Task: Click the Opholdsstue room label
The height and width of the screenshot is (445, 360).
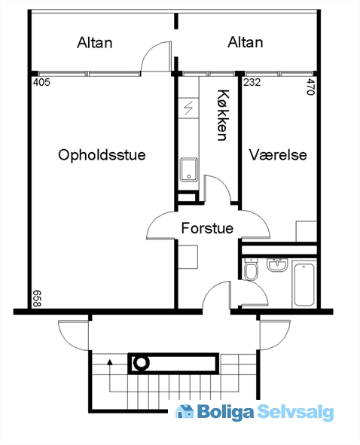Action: click(x=102, y=155)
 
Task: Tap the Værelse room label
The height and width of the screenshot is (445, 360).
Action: click(x=278, y=155)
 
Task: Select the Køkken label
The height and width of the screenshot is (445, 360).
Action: click(x=223, y=115)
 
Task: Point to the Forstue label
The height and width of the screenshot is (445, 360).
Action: click(x=207, y=228)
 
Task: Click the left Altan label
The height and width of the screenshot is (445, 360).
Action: click(x=95, y=43)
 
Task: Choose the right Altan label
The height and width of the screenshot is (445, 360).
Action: click(x=246, y=42)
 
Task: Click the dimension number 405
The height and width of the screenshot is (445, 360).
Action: click(x=41, y=82)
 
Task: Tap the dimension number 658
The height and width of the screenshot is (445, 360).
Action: click(x=37, y=298)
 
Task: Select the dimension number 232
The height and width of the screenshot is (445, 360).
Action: click(x=252, y=82)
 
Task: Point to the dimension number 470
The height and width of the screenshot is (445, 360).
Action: click(x=310, y=87)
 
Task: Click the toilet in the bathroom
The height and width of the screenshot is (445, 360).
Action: click(x=252, y=269)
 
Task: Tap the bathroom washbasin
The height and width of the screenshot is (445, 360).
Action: click(x=277, y=265)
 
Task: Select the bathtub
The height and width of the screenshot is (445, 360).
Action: click(x=304, y=284)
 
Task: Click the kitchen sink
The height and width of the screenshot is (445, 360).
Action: click(x=189, y=169)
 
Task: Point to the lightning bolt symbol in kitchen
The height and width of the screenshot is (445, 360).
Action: click(x=188, y=108)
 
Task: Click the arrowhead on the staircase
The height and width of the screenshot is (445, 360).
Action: click(x=110, y=361)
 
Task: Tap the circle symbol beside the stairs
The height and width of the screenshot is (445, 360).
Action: click(x=141, y=363)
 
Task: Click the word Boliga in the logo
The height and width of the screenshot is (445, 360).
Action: click(x=225, y=412)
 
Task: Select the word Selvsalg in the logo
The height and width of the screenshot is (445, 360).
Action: click(x=295, y=412)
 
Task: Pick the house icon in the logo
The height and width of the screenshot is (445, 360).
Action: click(x=185, y=411)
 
